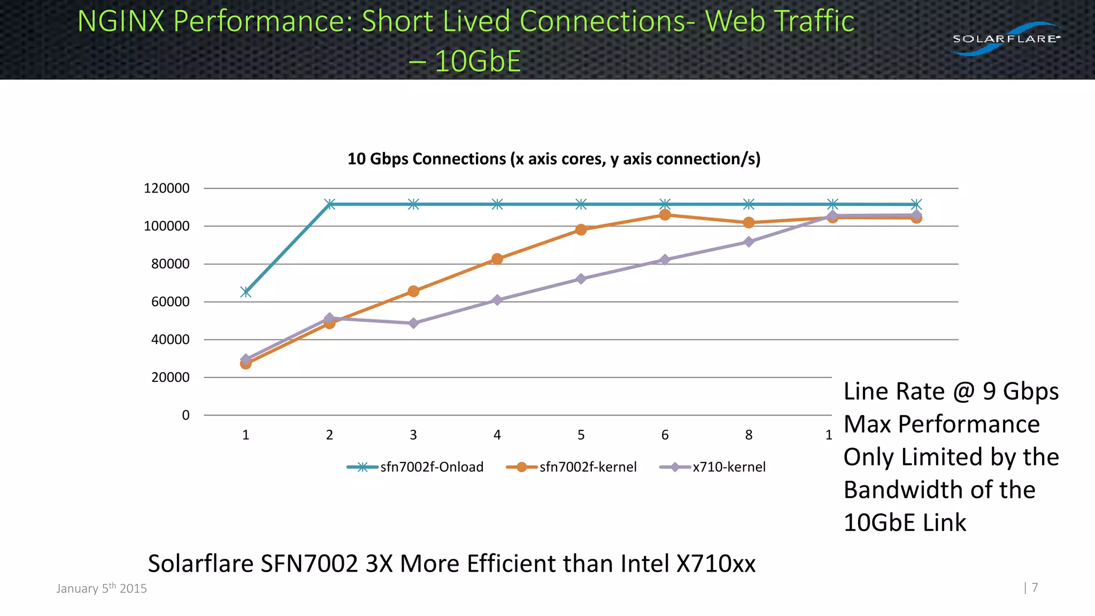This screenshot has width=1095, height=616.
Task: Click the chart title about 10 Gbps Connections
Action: point(554,159)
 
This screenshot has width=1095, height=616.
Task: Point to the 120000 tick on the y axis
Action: point(166,188)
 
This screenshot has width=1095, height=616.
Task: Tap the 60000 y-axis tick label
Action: point(170,302)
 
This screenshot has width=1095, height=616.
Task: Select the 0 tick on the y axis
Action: point(186,415)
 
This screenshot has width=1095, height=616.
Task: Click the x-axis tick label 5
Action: point(581,435)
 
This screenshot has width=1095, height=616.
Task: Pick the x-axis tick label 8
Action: point(749,435)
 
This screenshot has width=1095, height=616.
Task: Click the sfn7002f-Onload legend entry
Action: point(415,467)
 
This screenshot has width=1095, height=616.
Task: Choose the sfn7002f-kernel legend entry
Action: point(572,467)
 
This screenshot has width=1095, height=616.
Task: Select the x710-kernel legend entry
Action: point(713,467)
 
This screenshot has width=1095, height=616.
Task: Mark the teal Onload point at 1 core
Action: point(246,292)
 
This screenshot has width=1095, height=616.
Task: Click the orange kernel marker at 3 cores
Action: point(413,291)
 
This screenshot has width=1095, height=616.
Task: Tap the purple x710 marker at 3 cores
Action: point(413,323)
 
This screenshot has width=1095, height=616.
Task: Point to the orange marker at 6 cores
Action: point(665,215)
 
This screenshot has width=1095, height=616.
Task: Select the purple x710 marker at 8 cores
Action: point(749,242)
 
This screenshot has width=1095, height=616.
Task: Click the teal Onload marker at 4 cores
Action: point(497,204)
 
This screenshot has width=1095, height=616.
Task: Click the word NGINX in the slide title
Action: point(121,21)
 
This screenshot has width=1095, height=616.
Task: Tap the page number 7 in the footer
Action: point(1035,588)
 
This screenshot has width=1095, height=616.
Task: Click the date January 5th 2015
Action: point(102,588)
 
